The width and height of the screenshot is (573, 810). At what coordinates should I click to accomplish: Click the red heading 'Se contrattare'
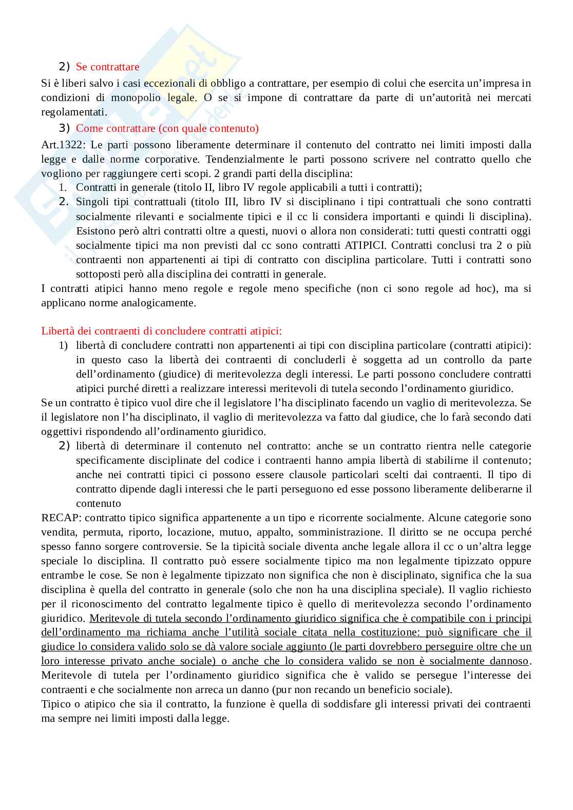[107, 67]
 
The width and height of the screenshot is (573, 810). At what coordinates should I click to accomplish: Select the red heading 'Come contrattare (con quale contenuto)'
[167, 128]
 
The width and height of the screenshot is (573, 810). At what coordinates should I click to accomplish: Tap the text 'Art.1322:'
[62, 145]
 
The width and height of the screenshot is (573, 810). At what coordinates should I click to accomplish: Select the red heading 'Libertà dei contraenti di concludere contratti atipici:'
[161, 331]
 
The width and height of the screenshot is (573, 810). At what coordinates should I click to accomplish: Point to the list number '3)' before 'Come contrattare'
[64, 128]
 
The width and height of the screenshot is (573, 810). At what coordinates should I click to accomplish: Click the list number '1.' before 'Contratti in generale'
[63, 188]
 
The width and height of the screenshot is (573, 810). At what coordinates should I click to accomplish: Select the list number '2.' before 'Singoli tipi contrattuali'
[64, 202]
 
